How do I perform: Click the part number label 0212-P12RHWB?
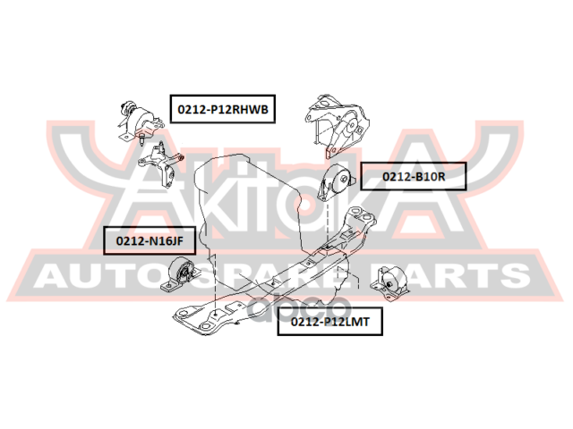(221, 109)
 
